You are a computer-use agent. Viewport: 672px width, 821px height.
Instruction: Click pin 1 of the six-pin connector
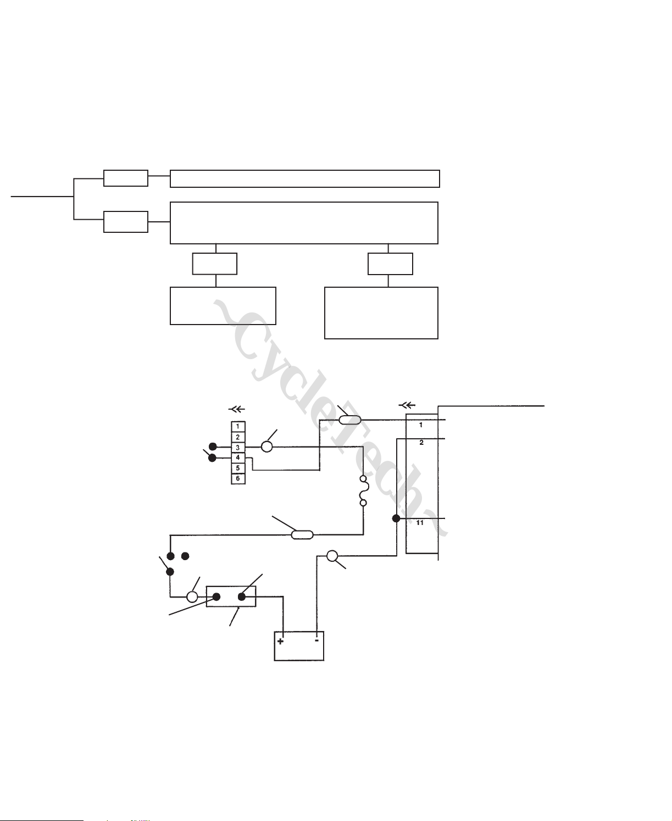coord(238,427)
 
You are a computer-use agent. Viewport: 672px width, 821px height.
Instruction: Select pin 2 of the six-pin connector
coord(238,437)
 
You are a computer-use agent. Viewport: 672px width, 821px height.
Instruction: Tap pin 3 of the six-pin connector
coord(238,448)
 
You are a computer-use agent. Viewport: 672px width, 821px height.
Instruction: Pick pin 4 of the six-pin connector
coord(238,457)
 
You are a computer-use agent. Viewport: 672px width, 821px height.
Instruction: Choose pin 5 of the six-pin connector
coord(238,468)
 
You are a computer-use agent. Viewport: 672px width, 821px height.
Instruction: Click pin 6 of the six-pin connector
coord(238,478)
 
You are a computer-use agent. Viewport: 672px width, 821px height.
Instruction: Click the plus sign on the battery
coord(280,641)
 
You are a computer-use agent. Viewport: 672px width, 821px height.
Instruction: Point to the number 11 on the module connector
coord(420,523)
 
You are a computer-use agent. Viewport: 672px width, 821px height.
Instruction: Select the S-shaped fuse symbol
coord(363,490)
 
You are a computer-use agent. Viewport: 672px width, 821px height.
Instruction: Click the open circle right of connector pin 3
coord(266,447)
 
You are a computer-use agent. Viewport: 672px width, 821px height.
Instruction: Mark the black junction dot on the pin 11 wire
coord(396,518)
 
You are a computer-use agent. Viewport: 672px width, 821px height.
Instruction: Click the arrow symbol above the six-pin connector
coord(236,409)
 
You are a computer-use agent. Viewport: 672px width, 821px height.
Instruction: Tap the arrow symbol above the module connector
coord(407,406)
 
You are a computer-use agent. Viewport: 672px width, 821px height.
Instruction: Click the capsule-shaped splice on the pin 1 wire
coord(349,420)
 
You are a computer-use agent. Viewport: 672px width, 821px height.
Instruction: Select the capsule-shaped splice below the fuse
coord(302,534)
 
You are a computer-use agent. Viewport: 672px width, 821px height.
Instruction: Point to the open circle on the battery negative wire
coord(332,556)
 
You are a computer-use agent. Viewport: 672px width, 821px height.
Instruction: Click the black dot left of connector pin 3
coord(213,447)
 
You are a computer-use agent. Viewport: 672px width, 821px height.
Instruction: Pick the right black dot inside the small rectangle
coord(241,596)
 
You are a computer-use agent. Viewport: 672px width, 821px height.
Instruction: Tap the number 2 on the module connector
coord(421,443)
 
